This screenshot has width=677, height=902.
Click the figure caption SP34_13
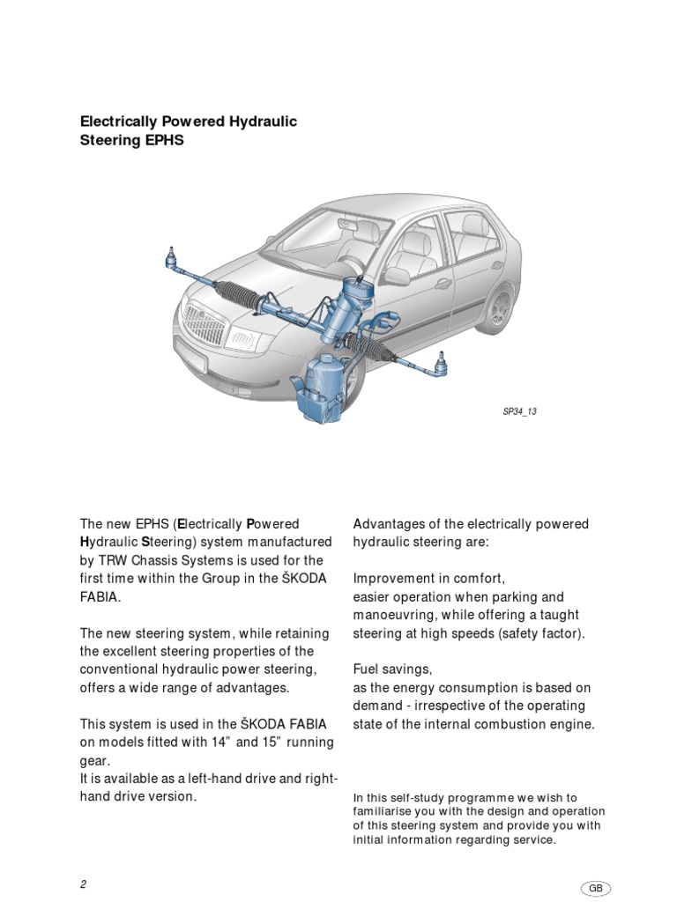pos(518,411)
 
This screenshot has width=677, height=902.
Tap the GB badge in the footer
pos(597,888)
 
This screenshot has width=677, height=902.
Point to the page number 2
pos(82,884)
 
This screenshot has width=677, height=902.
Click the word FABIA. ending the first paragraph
pos(100,596)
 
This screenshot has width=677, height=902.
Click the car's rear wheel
pos(500,308)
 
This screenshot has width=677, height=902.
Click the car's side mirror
pos(395,276)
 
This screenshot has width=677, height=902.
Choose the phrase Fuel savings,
pos(393,669)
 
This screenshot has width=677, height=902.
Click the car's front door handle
pos(443,284)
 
